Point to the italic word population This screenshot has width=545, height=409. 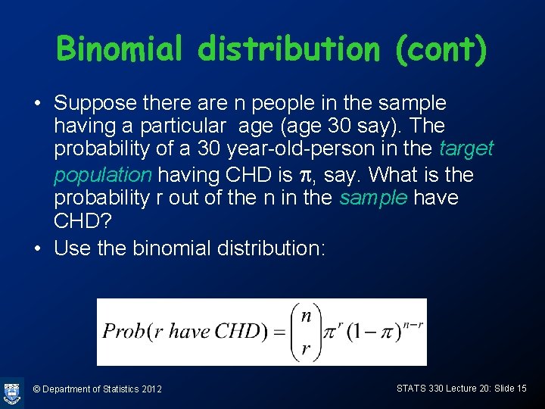point(103,175)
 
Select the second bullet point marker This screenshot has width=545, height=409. point(38,248)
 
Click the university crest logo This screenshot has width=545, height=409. point(12,392)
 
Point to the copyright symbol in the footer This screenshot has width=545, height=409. point(36,389)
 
